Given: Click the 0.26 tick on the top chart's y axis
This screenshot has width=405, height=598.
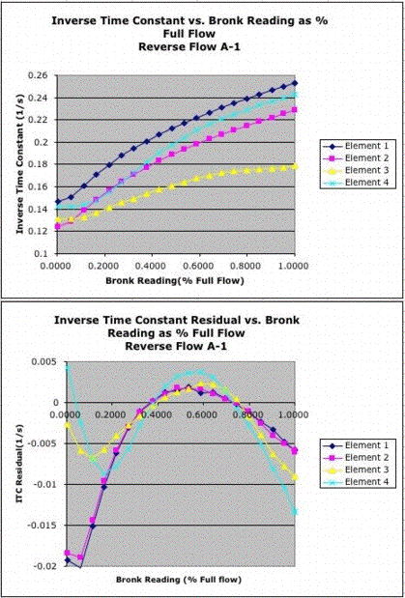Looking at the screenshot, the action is (42, 75).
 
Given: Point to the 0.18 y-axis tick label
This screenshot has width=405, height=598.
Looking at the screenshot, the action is (42, 164).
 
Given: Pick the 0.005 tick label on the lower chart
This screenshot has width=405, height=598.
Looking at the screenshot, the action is (40, 361).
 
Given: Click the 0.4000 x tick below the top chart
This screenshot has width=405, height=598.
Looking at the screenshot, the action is (152, 266).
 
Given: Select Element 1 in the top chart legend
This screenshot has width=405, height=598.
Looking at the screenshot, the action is (366, 145).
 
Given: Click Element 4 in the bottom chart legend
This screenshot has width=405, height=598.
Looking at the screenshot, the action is (366, 482).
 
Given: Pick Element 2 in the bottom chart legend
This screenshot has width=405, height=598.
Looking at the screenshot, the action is (366, 457).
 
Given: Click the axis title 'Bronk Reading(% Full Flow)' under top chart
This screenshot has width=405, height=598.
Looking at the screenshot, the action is (175, 281).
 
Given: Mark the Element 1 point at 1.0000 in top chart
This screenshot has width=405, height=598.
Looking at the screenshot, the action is (295, 83).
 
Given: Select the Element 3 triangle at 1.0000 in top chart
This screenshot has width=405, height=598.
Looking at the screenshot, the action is (295, 166).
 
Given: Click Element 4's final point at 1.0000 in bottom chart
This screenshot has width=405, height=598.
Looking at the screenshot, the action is (295, 512).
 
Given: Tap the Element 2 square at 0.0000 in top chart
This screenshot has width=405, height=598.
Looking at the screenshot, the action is (58, 226).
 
